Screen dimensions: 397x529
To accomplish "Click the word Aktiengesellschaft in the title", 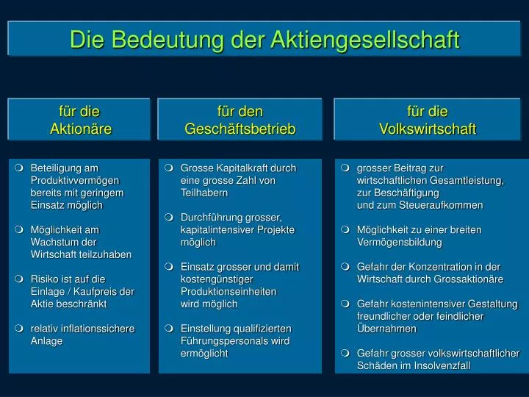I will click(x=364, y=39).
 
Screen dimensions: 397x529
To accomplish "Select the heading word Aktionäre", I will click(x=80, y=129).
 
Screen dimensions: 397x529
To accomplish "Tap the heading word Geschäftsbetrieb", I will click(x=240, y=129).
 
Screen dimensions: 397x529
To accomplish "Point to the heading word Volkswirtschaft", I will click(x=428, y=129).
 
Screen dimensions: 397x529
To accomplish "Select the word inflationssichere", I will click(x=95, y=329).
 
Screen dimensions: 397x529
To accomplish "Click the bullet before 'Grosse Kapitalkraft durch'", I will click(x=169, y=168).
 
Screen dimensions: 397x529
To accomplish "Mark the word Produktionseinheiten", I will click(x=228, y=291).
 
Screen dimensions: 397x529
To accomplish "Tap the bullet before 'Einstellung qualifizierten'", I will click(x=169, y=329).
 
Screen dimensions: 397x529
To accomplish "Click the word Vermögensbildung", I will click(x=400, y=242).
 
